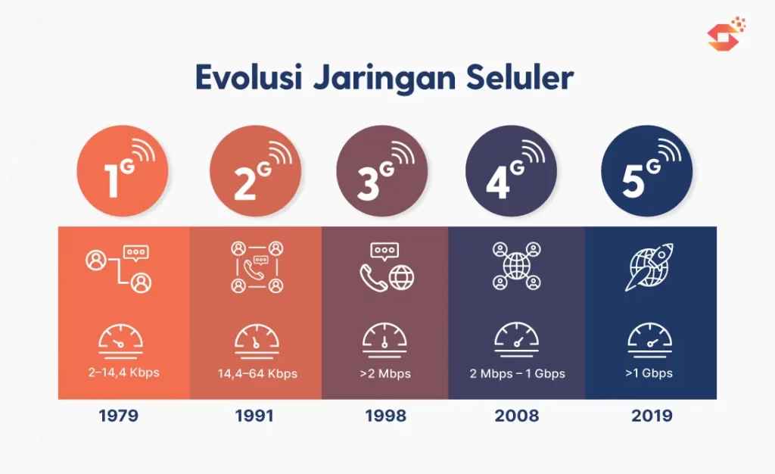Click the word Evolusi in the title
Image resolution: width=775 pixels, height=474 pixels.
click(248, 77)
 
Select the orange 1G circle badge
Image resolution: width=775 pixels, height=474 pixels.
click(123, 171)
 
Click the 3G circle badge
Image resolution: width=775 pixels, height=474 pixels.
click(382, 171)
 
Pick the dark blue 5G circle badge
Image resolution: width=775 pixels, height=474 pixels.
click(647, 171)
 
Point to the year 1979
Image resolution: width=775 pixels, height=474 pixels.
click(119, 416)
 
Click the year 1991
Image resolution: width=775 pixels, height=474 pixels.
click(254, 416)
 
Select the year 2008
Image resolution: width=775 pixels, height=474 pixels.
click(516, 416)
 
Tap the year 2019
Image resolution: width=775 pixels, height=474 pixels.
click(652, 416)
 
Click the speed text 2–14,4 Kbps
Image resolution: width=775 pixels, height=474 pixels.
click(123, 373)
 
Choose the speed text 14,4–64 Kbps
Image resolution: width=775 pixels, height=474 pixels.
click(257, 373)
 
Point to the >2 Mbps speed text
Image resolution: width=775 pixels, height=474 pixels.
click(385, 373)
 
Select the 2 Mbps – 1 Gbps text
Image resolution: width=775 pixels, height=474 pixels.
click(518, 373)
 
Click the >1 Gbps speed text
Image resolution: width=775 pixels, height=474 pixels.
click(649, 373)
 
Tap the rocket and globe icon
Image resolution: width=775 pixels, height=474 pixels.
click(649, 267)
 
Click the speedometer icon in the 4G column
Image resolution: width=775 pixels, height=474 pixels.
click(517, 339)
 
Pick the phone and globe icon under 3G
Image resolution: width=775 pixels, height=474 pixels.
click(387, 267)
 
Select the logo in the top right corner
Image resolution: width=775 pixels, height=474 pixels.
click(726, 33)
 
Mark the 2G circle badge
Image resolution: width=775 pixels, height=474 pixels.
click(256, 171)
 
